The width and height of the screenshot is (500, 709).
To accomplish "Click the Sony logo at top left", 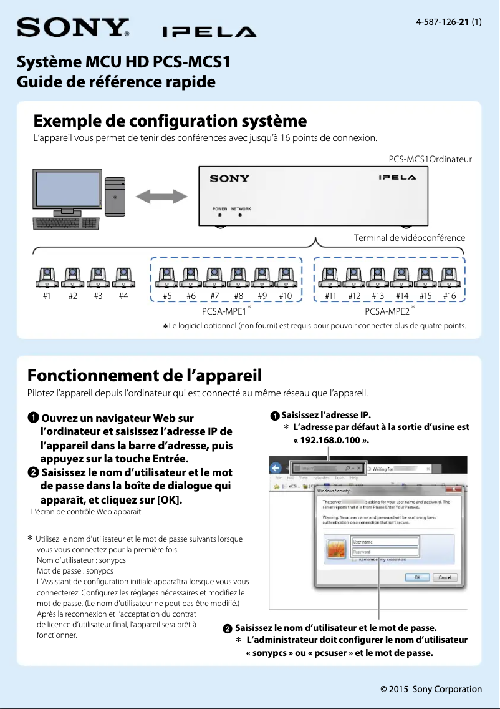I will [72, 28].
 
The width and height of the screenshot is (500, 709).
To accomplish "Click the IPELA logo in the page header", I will [209, 32].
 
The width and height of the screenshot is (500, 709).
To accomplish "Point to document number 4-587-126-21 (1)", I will [448, 22].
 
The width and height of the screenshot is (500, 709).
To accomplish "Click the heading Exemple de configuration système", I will [170, 120].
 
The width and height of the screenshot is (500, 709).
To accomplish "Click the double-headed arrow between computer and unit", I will [161, 197].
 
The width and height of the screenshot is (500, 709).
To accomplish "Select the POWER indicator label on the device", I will [219, 209].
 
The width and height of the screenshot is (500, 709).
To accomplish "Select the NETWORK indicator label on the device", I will [241, 209].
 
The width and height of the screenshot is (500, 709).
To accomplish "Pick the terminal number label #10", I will [286, 296].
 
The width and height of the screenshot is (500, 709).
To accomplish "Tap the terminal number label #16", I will [449, 296].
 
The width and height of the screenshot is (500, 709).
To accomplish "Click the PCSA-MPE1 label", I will [224, 311].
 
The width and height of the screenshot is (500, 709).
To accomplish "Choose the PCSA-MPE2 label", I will [387, 311].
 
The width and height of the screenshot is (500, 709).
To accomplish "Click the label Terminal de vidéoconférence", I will [409, 238].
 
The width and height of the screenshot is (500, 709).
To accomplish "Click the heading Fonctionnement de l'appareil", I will [145, 375].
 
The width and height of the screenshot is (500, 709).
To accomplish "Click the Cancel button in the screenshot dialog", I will [445, 577].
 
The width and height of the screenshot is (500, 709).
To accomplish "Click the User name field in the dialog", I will [385, 542].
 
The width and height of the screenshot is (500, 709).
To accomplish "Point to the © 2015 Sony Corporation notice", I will [431, 689].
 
